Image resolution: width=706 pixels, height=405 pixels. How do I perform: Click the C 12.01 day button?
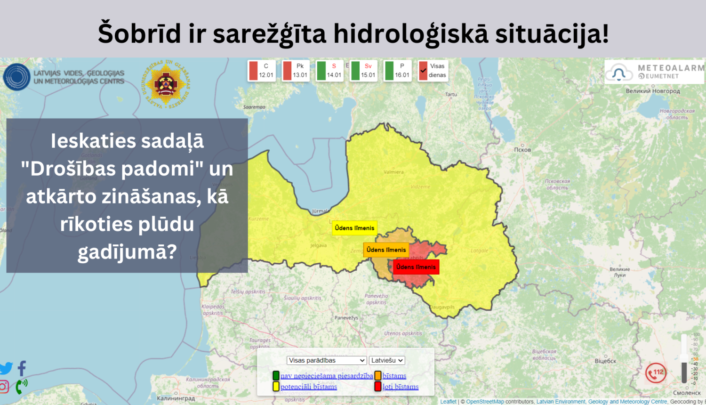point(261,71)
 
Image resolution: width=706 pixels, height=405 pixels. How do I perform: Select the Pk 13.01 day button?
point(296,71)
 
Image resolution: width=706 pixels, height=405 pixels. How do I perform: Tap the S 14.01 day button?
point(329,71)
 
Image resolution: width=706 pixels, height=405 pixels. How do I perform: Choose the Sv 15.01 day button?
point(363,71)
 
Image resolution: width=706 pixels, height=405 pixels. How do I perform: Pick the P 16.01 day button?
point(397,71)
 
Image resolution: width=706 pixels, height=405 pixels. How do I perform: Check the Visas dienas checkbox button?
point(433,71)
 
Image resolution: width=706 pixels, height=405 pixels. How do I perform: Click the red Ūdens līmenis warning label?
point(416,267)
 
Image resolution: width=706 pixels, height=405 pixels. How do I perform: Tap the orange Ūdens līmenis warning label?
point(386,250)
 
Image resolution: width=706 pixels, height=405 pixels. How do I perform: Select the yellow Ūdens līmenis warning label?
point(354,228)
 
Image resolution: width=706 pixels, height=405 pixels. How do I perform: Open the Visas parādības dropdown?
point(327,360)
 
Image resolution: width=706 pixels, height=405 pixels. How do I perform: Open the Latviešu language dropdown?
point(387,360)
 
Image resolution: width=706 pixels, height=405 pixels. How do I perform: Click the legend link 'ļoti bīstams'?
point(401,387)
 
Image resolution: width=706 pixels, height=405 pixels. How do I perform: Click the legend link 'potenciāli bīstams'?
point(309,387)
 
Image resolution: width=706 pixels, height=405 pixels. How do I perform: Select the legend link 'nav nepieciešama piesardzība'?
point(327,376)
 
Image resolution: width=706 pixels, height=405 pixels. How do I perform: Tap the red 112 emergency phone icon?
point(656,373)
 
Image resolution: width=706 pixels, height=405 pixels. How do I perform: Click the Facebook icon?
point(22,368)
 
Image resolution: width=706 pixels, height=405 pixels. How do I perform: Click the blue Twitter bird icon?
point(6,368)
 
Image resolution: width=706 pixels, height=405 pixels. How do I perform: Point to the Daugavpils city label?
point(443,307)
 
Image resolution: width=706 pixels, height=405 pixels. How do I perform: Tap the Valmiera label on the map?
point(393,172)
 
